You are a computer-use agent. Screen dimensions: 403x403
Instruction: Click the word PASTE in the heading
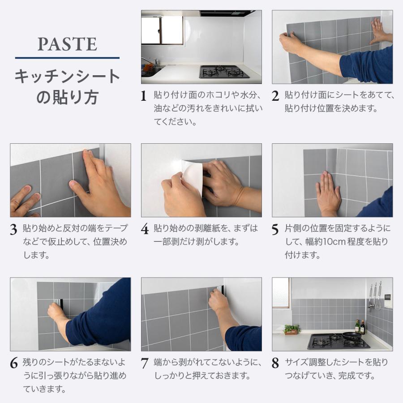pos(67,44)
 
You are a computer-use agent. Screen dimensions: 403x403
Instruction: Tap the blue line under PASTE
pos(67,58)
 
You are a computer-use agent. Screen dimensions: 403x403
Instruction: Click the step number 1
pos(143,96)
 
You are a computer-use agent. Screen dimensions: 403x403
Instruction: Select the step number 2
pos(275,96)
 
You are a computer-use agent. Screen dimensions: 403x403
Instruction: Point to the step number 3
pos(13,229)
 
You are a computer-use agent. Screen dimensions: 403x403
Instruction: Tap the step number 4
pos(145,229)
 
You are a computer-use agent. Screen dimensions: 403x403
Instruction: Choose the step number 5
pos(275,229)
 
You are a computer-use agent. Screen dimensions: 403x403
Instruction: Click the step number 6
pos(14,363)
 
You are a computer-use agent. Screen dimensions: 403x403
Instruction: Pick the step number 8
pos(275,363)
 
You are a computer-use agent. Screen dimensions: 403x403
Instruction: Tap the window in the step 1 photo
pos(162,30)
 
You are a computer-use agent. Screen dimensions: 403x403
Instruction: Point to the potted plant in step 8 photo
pos(292,329)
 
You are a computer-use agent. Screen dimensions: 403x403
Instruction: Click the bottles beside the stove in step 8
pos(360,326)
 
